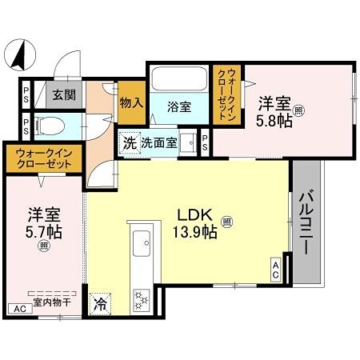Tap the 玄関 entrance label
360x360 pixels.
[63, 94]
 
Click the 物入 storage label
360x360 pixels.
[130, 102]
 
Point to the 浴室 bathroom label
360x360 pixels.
[179, 106]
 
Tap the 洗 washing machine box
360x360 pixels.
[129, 144]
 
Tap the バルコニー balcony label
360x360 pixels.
[306, 220]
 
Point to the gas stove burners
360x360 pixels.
[143, 299]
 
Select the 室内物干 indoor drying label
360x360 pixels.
[50, 302]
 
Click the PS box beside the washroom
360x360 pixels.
[205, 144]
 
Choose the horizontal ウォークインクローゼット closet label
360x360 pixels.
[38, 158]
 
